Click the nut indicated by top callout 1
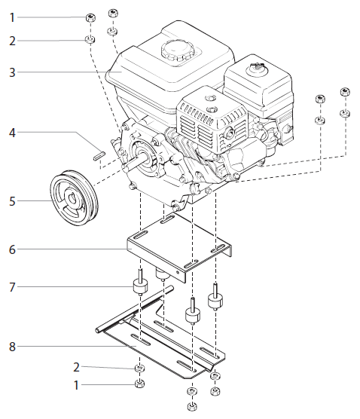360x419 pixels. [90, 17]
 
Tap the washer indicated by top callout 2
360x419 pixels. [90, 39]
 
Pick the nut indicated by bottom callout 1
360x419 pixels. [139, 385]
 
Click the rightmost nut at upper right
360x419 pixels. [345, 93]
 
